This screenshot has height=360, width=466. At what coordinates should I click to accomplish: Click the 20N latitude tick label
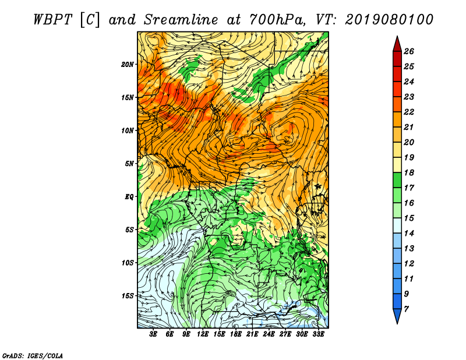128,65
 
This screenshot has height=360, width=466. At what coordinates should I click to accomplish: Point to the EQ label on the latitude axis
129,197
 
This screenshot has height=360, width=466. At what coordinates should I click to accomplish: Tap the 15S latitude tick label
128,296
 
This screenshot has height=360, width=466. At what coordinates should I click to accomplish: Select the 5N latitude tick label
129,164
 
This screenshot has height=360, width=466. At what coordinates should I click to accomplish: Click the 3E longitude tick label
153,334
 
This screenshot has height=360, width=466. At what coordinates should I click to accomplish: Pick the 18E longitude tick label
236,334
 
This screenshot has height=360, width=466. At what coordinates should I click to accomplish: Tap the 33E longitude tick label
318,334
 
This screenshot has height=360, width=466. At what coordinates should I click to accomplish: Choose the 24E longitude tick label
269,334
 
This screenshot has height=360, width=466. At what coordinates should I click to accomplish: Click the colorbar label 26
409,51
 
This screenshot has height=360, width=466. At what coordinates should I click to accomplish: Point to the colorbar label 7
406,309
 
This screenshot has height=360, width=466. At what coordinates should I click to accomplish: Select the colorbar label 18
409,172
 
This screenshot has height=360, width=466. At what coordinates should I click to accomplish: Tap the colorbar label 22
409,112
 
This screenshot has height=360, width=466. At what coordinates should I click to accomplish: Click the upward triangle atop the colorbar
397,45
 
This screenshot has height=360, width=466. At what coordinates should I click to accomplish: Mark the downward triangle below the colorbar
397,316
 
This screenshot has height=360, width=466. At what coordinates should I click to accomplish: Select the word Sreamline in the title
181,20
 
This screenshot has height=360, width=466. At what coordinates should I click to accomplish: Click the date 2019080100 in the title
389,20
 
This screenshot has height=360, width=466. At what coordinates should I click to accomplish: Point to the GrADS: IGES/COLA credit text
33,356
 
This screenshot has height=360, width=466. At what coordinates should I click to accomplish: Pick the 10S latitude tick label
128,263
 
